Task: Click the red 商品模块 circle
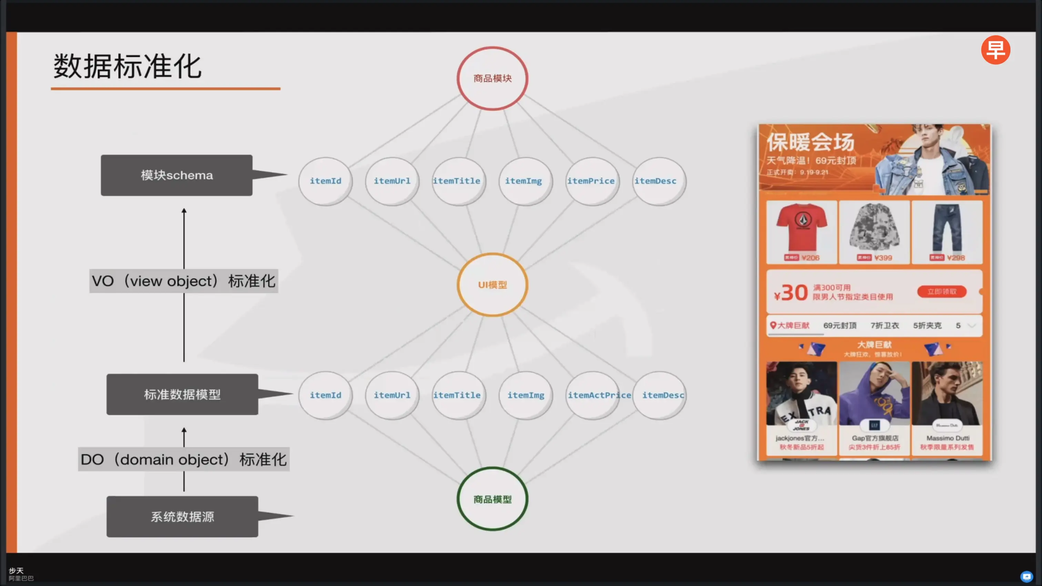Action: tap(492, 79)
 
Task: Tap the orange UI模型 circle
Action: tap(492, 285)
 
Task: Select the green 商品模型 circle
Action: tap(492, 499)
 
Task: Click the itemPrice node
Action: tap(591, 181)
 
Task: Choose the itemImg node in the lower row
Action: tap(525, 395)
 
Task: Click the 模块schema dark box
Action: tap(177, 175)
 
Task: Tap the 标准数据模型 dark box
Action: tap(182, 394)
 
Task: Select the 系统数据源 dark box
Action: tap(182, 516)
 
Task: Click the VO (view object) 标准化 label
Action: tap(184, 281)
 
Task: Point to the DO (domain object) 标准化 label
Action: tap(184, 459)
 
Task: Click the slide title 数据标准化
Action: tap(127, 66)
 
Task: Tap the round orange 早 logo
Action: tap(995, 50)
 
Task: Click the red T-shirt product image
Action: tap(802, 228)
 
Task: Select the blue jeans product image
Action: tap(947, 228)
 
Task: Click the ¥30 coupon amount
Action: tap(791, 292)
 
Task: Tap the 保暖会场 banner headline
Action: tap(811, 142)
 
